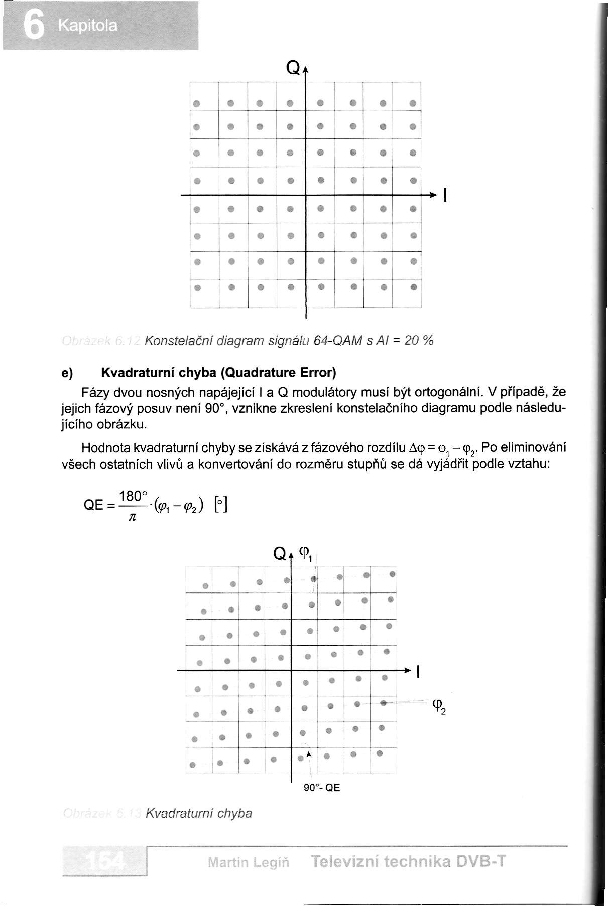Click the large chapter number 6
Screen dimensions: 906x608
34,26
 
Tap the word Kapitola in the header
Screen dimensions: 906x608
87,26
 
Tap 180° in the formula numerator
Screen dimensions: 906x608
132,496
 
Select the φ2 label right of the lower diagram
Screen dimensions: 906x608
438,707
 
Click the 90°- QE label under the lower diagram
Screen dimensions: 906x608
322,788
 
